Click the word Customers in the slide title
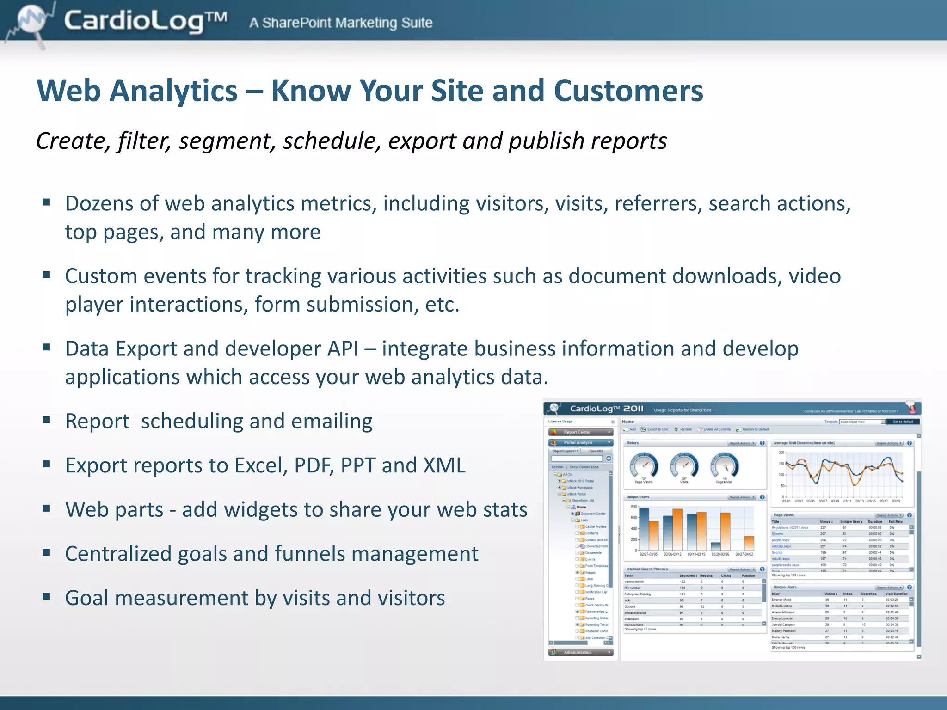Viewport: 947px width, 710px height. tap(628, 91)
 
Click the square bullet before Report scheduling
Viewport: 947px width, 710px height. tap(46, 420)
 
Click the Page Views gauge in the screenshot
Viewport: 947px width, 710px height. tap(644, 466)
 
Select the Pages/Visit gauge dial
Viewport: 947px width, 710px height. tap(724, 466)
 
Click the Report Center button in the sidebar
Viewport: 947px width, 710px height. tap(580, 432)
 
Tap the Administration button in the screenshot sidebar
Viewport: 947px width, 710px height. tap(580, 652)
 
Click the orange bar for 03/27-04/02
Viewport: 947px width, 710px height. tap(749, 543)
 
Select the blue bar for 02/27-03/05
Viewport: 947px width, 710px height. tap(644, 529)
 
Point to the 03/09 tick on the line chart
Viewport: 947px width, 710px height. tap(835, 501)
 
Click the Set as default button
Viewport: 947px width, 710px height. tap(903, 422)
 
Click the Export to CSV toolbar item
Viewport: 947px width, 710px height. tap(655, 429)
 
